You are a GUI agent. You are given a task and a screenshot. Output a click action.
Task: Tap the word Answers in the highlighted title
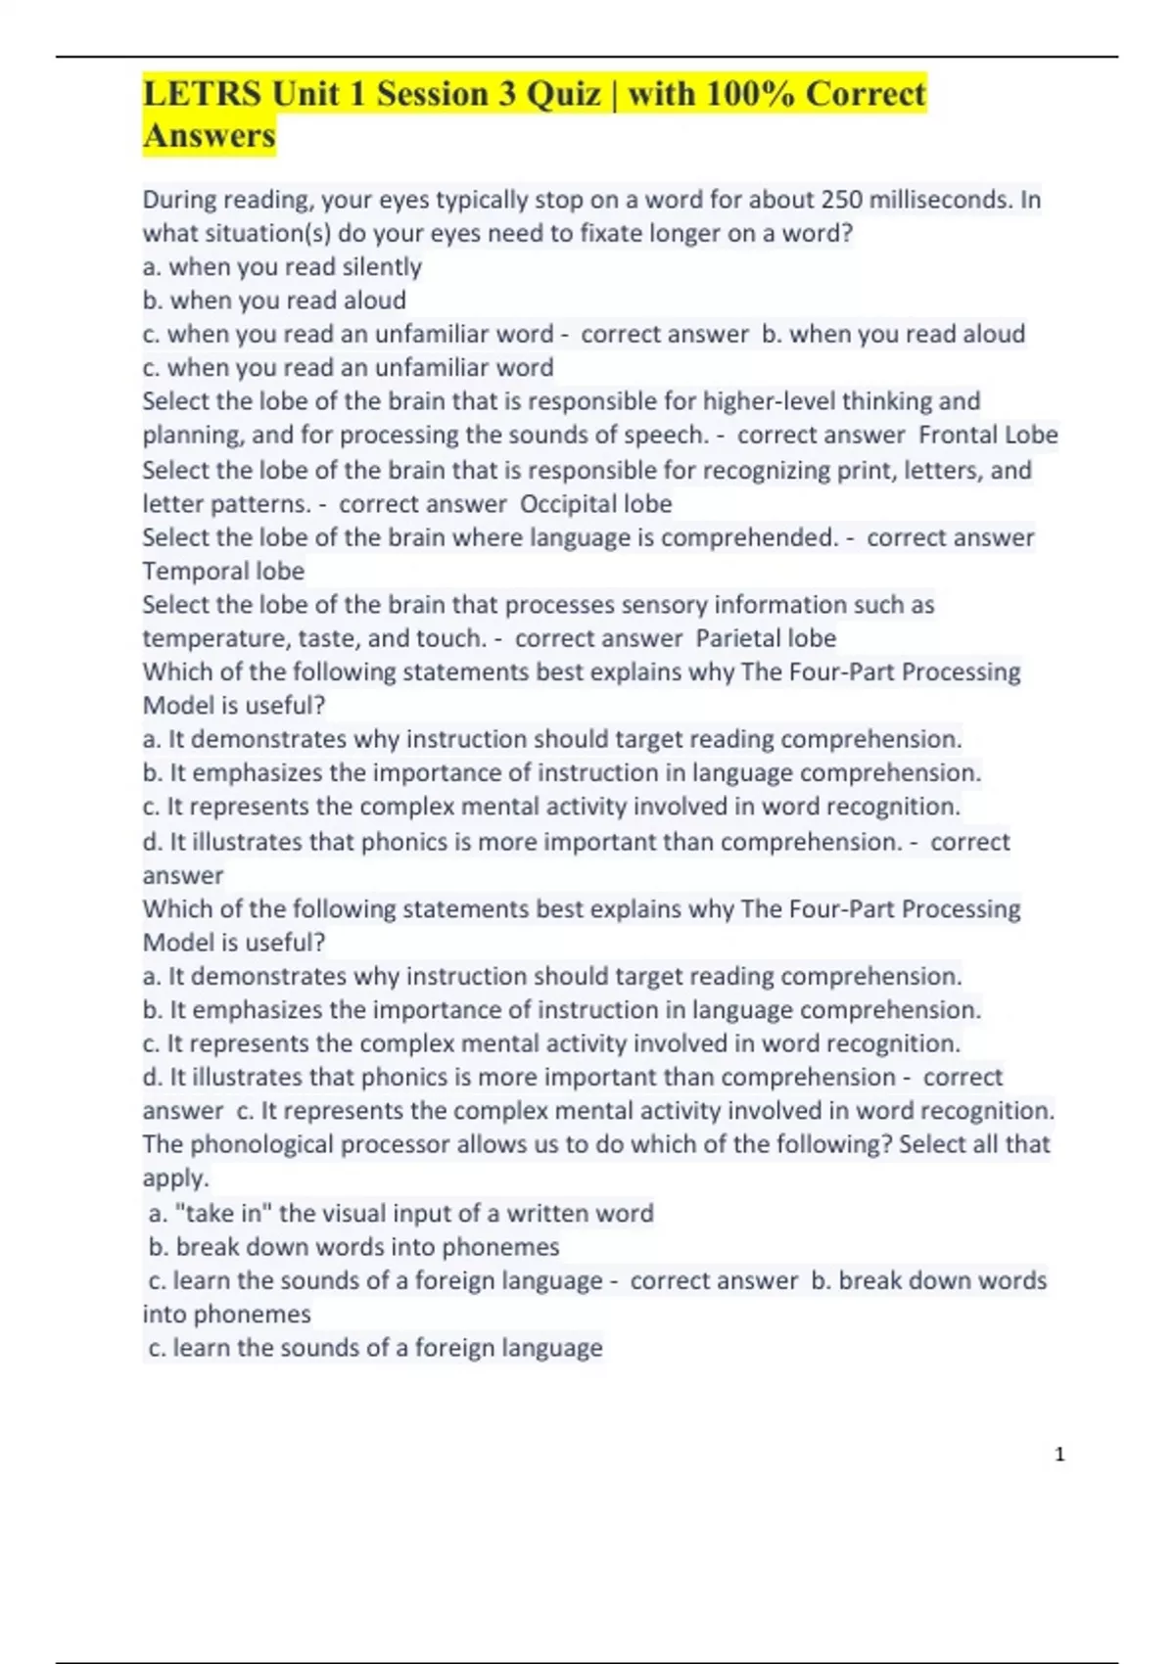(x=209, y=136)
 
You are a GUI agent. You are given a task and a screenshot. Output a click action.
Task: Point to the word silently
(x=382, y=267)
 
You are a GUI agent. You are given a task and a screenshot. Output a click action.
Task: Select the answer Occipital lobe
(x=595, y=504)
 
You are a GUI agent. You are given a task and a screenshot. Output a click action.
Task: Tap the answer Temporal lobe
(x=223, y=571)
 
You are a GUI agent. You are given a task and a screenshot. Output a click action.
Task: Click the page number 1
(x=1059, y=1455)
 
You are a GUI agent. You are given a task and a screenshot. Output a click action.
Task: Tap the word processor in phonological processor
(x=388, y=1144)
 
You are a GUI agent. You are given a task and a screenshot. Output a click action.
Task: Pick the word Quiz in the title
(x=564, y=95)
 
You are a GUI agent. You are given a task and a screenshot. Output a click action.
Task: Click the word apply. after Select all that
(x=175, y=1179)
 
